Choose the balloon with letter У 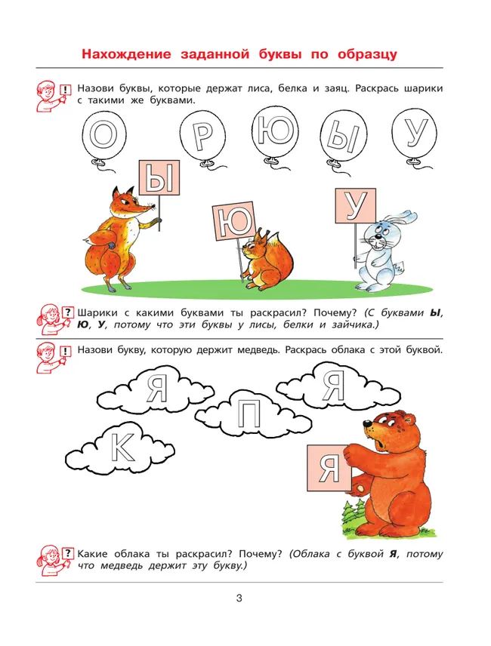pos(417,134)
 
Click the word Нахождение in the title pos(128,55)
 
